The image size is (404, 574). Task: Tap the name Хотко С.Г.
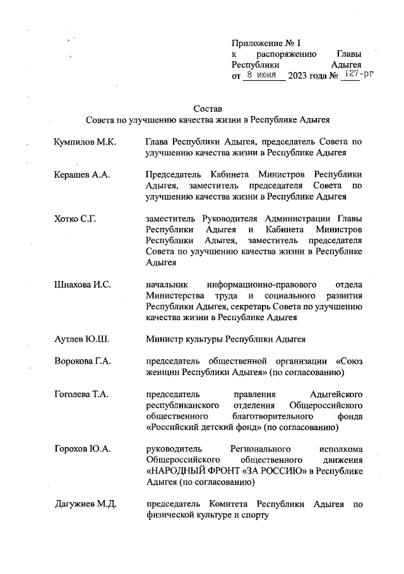tap(77, 218)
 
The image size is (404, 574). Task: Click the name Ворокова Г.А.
tap(83, 361)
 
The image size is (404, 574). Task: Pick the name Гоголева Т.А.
tap(82, 394)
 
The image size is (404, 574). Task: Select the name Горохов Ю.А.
tap(83, 449)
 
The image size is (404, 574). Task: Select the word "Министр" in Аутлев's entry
tap(164, 339)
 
